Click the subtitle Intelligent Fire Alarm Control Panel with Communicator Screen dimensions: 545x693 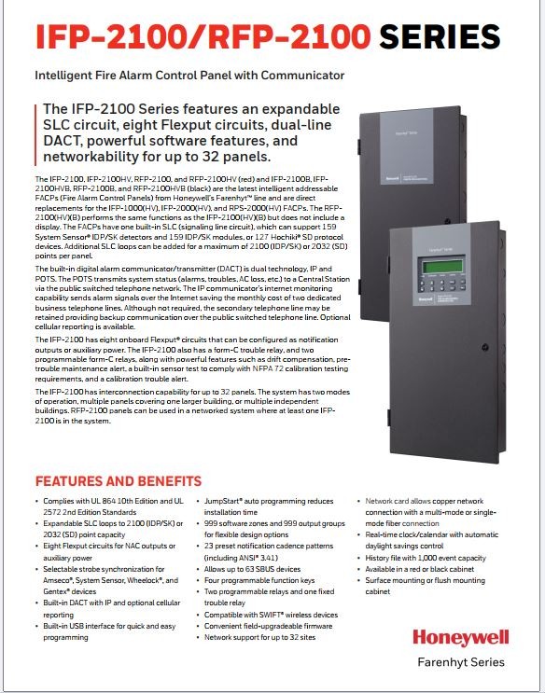[189, 75]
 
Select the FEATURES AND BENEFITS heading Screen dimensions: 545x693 [118, 481]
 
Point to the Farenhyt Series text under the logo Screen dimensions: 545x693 [461, 662]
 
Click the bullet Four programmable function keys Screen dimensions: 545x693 [261, 580]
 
